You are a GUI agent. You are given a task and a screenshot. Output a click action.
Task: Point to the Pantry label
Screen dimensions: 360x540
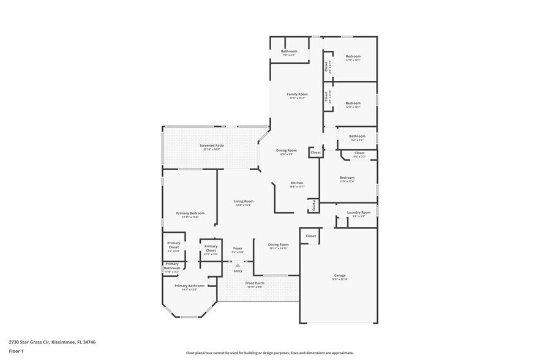pyautogui.click(x=314, y=204)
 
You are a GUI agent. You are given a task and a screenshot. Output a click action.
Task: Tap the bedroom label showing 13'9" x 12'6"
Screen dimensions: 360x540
pyautogui.click(x=347, y=179)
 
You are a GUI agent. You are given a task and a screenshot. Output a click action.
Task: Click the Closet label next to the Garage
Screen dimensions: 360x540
pyautogui.click(x=311, y=236)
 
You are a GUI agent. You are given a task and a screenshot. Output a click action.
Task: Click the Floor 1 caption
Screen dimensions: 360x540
pyautogui.click(x=16, y=351)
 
